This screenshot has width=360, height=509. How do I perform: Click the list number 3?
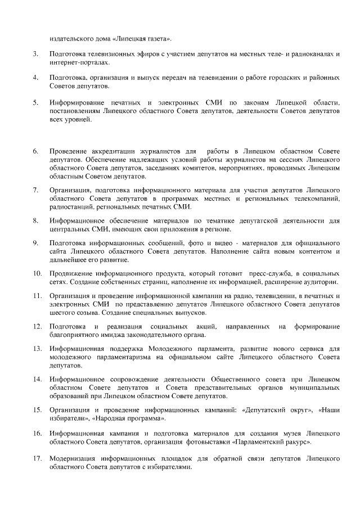(x=35, y=53)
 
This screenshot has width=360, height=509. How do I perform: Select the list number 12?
(x=37, y=326)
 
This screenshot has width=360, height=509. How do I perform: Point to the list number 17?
(x=37, y=459)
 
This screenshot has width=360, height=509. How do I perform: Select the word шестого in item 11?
(x=64, y=313)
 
